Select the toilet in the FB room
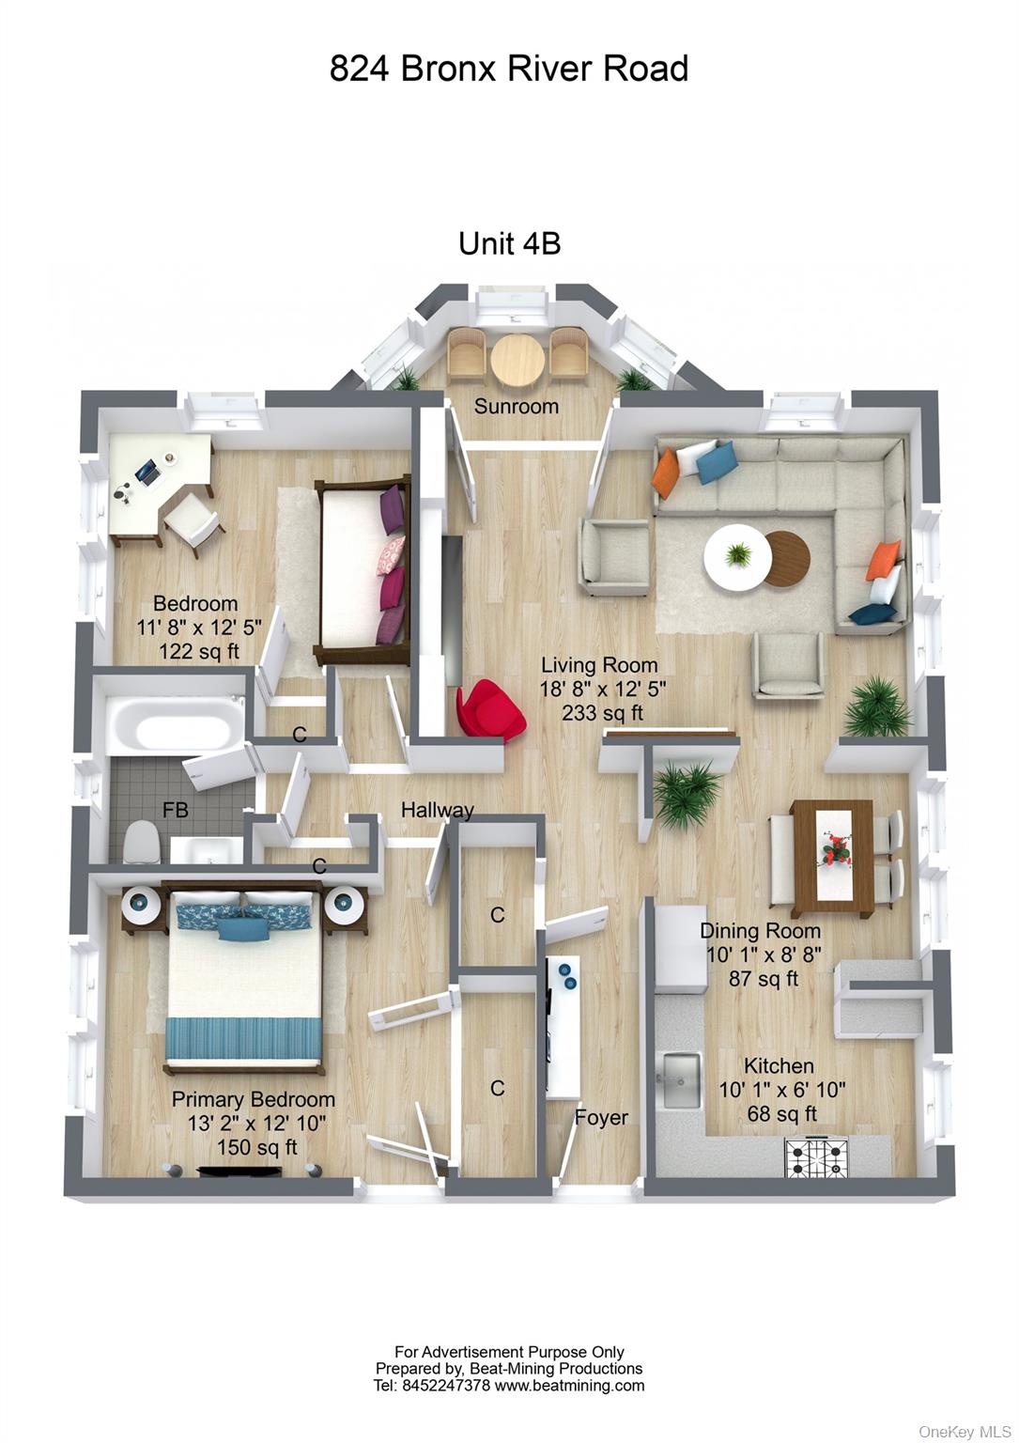click(x=141, y=841)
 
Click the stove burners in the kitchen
click(x=816, y=1158)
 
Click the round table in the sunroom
click(x=517, y=359)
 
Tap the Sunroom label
click(x=516, y=407)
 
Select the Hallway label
click(x=437, y=810)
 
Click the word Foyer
click(x=601, y=1117)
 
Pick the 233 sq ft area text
click(x=602, y=713)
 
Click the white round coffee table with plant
click(x=738, y=556)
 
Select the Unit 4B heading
click(x=509, y=244)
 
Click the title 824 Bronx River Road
click(x=509, y=69)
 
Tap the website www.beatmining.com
click(x=569, y=1385)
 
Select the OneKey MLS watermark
click(x=965, y=1431)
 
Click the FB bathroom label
click(x=176, y=809)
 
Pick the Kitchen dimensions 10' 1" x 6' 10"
click(x=781, y=1090)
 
